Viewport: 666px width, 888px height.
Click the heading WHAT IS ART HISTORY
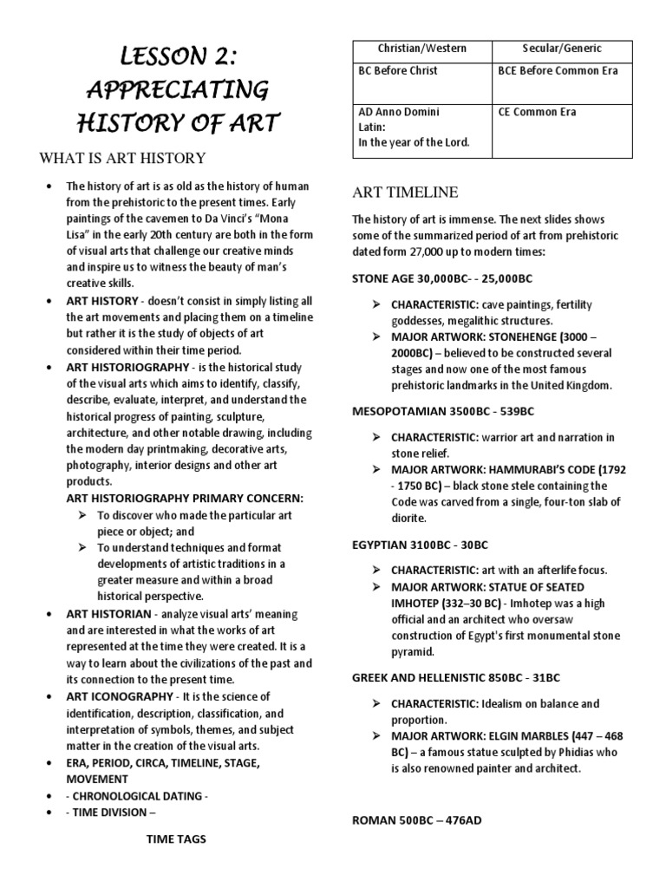tap(122, 158)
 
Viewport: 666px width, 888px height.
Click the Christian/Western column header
tap(421, 49)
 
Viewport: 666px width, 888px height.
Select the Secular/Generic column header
tap(562, 49)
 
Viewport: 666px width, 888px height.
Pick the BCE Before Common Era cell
tap(558, 71)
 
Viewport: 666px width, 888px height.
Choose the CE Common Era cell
tap(537, 112)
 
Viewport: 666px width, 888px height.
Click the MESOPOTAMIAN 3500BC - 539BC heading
tap(442, 411)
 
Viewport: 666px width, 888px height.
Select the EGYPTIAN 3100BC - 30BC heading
tap(420, 545)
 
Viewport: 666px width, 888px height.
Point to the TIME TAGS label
tap(176, 839)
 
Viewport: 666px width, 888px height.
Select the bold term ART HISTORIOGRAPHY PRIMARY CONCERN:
tap(186, 499)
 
